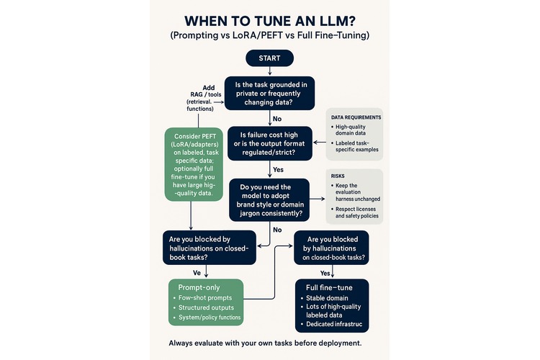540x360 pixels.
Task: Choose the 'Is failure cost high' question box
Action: tap(269, 143)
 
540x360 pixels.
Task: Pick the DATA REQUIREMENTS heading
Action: tap(356, 117)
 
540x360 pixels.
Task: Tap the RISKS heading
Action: tap(338, 175)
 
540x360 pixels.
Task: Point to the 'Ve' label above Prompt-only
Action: tap(197, 274)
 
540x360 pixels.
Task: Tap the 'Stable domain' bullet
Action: tap(327, 297)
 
